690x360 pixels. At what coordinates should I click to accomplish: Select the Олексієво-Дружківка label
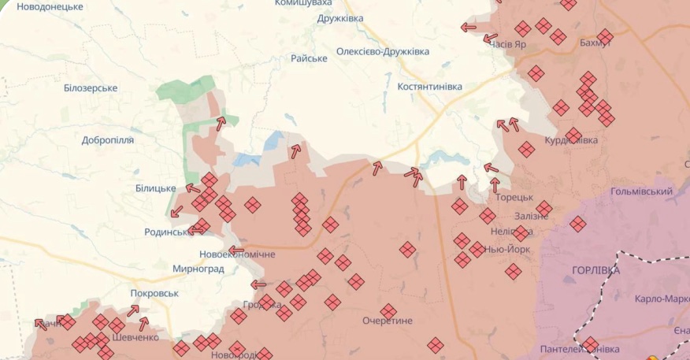[x=383, y=51]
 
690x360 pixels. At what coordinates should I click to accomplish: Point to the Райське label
[x=309, y=58]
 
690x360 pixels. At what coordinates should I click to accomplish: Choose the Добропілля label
[x=108, y=140]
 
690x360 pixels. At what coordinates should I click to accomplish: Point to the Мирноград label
[x=198, y=269]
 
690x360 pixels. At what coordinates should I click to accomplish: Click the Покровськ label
[x=154, y=293]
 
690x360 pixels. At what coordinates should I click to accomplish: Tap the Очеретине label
[x=388, y=321]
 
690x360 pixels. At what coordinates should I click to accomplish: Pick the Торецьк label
[x=515, y=197]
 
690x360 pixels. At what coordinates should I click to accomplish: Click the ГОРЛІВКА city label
[x=595, y=270]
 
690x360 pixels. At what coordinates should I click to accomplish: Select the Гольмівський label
[x=641, y=191]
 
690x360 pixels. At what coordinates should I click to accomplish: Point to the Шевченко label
[x=135, y=337]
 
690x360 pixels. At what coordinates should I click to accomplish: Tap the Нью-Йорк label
[x=506, y=249]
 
